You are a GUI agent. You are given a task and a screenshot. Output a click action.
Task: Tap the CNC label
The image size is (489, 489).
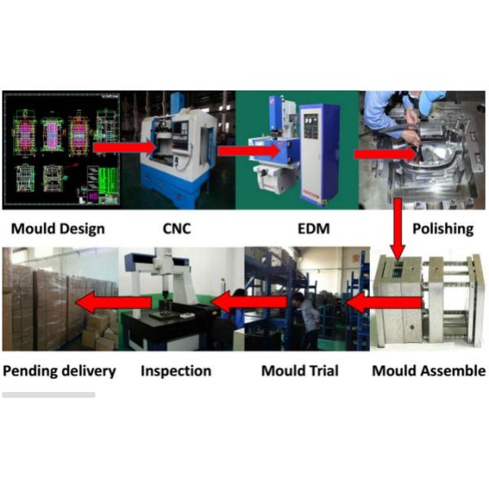pyautogui.click(x=176, y=228)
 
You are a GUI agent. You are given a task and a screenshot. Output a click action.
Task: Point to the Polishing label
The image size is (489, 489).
pyautogui.click(x=442, y=228)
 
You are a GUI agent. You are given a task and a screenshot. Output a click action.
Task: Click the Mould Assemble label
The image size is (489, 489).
pyautogui.click(x=428, y=371)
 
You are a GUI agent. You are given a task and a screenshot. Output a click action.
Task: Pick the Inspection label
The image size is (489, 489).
pyautogui.click(x=176, y=371)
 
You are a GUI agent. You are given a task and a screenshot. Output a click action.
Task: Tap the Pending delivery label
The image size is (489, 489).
pyautogui.click(x=59, y=371)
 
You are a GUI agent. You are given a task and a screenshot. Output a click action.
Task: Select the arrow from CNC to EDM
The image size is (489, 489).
pyautogui.click(x=249, y=151)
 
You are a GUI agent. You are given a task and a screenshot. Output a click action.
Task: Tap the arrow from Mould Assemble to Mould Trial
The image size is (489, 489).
pyautogui.click(x=383, y=304)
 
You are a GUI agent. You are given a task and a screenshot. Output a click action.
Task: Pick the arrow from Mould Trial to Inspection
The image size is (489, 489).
pyautogui.click(x=249, y=304)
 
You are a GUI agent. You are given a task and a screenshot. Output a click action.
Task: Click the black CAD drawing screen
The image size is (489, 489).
pyautogui.click(x=61, y=150)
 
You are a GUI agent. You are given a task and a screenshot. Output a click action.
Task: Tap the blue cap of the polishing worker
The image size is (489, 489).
pyautogui.click(x=424, y=95)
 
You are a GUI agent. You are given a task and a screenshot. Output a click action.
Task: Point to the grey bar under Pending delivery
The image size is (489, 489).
pyautogui.click(x=48, y=394)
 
